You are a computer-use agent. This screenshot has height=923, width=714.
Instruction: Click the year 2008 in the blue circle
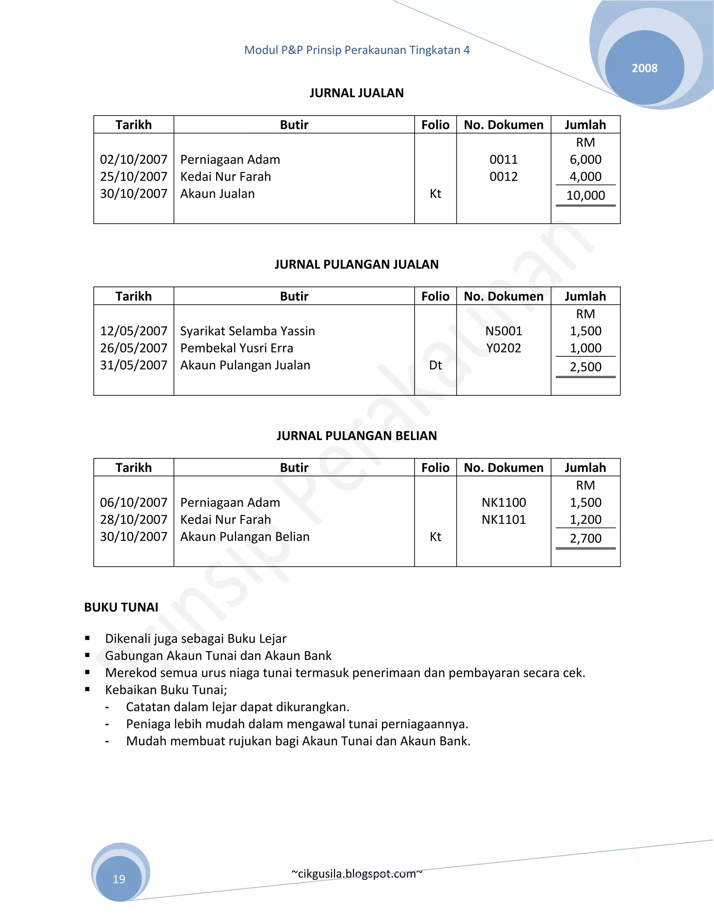[x=644, y=68]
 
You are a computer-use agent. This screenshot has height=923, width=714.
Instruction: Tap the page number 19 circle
[x=119, y=879]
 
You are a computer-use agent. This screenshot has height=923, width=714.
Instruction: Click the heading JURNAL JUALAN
[x=357, y=93]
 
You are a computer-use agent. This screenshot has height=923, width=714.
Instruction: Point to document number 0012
[x=503, y=177]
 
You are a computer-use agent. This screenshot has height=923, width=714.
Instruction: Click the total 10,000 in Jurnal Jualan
[x=585, y=196]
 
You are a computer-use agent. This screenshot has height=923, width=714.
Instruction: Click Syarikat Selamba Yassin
[x=248, y=331]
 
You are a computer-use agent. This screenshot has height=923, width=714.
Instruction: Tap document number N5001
[x=503, y=331]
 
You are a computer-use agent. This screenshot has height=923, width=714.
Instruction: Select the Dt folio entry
[x=435, y=365]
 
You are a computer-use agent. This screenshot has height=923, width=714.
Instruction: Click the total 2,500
[x=585, y=367]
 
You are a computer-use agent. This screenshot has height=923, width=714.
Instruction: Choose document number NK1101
[x=503, y=519]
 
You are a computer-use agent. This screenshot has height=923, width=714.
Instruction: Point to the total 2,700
[x=585, y=538]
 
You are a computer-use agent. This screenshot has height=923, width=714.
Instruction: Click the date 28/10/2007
[x=134, y=519]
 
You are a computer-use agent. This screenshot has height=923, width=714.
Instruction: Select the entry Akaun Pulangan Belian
[x=245, y=537]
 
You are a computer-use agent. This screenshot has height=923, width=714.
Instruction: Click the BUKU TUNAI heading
[x=121, y=607]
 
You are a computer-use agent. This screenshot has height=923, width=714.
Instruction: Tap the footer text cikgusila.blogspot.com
[x=357, y=874]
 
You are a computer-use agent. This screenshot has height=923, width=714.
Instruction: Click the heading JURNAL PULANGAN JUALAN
[x=357, y=265]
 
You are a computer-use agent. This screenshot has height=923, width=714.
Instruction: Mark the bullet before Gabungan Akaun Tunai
[x=88, y=656]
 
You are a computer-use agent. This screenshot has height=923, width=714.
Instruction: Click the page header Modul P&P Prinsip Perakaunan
[x=357, y=50]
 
